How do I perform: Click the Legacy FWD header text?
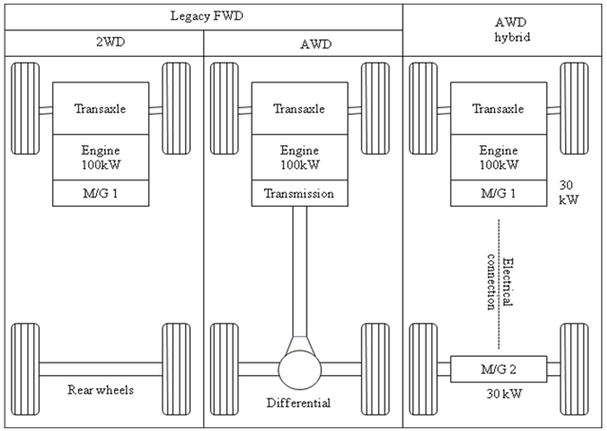[x=202, y=15]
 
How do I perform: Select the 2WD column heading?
[x=102, y=43]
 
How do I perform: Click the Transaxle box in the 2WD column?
[x=101, y=109]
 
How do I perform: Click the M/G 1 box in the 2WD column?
[x=101, y=194]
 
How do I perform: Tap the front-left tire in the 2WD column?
[x=25, y=109]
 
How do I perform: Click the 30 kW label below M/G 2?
[x=498, y=393]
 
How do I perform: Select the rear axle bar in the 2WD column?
[x=101, y=368]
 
